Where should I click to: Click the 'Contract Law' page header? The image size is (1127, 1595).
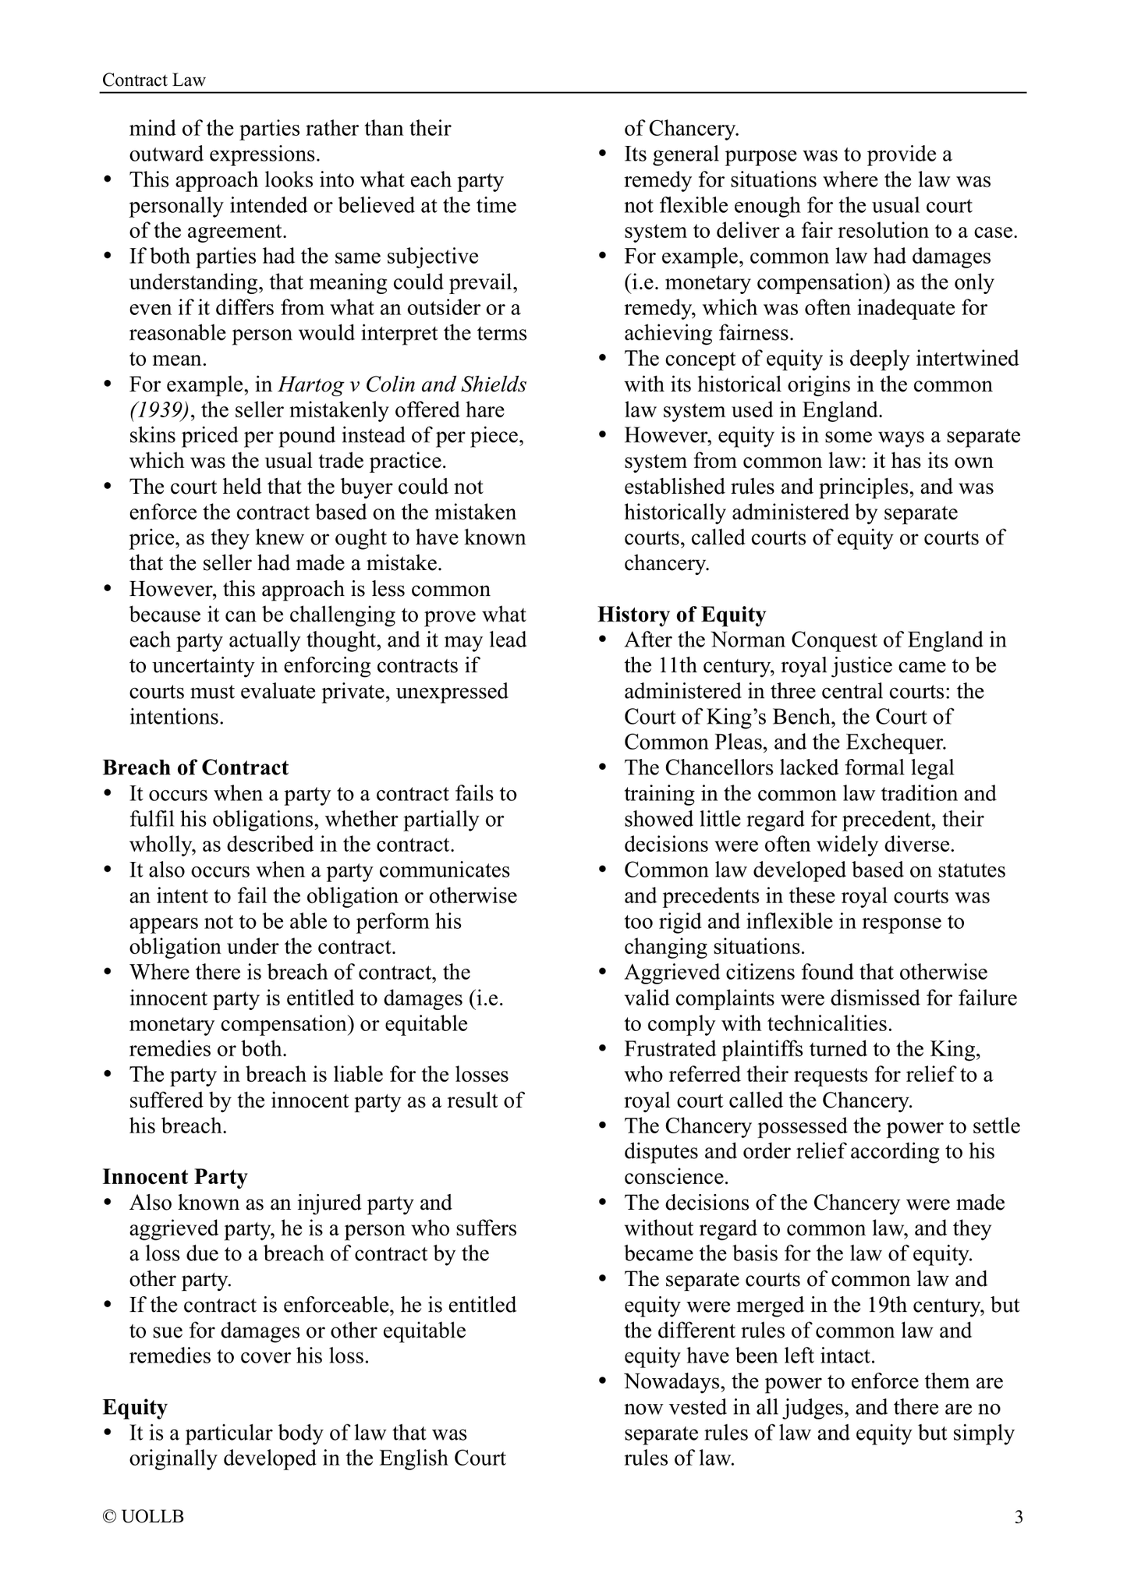click(x=154, y=80)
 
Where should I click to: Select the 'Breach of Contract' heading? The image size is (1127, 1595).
click(x=195, y=767)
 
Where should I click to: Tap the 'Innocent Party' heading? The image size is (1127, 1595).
click(x=175, y=1177)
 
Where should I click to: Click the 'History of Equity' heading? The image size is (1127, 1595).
click(x=682, y=615)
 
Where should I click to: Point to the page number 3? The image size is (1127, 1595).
click(x=1018, y=1517)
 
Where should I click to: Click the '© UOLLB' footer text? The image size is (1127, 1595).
click(x=144, y=1517)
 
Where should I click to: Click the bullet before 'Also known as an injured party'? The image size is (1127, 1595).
click(x=109, y=1203)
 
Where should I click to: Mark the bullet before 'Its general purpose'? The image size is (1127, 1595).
click(x=604, y=155)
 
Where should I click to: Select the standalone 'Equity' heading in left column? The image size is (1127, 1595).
click(x=135, y=1407)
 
